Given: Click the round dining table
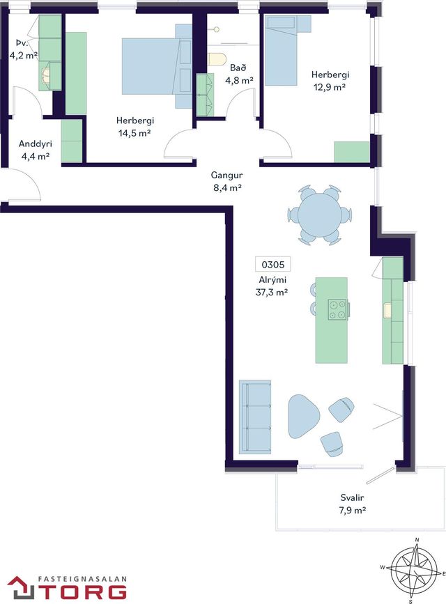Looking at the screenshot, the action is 320,215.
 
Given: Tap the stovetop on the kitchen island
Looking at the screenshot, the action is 338,310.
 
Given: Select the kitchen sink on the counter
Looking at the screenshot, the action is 387,311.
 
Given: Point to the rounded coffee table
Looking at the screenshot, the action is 303,417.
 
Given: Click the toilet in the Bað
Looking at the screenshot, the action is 217,59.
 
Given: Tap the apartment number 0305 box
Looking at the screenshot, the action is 273,265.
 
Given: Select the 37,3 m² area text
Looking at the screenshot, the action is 272,292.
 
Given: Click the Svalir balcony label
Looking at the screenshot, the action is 352,497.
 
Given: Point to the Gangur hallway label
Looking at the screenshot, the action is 226,176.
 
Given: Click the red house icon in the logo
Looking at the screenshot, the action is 22,587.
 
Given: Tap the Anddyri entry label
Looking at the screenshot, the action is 35,144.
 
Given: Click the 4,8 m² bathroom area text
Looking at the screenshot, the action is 239,80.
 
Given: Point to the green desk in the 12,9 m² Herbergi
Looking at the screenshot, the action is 351,152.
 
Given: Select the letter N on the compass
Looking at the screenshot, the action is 417,540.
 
